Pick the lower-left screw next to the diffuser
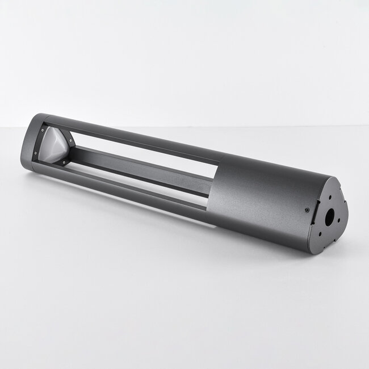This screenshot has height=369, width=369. point(36,153)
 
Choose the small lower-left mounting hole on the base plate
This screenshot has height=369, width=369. point(320,231)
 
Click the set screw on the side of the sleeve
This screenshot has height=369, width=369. point(308,208)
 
